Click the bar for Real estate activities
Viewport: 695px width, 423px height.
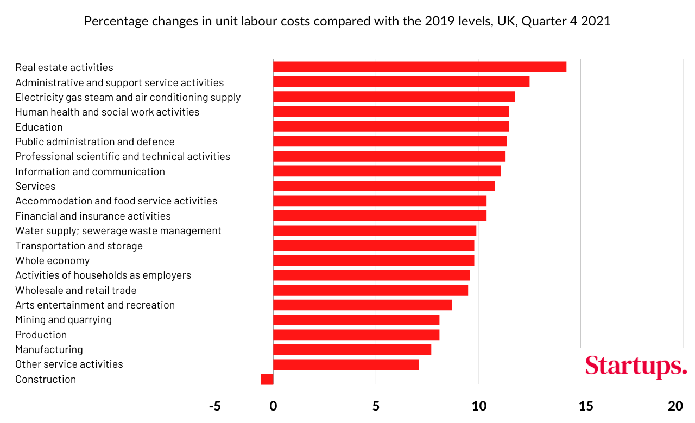tap(419, 67)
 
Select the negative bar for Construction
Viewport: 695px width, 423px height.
tap(267, 379)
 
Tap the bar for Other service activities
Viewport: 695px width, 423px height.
tap(346, 364)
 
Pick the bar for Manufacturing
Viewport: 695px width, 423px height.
tap(352, 349)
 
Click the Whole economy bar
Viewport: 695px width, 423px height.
tap(374, 260)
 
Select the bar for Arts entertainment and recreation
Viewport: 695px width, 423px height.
tap(362, 305)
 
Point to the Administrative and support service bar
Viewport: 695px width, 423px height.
tap(401, 82)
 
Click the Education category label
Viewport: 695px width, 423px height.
tap(39, 127)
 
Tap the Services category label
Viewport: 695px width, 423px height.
tap(35, 186)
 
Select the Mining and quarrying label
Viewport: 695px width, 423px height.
tap(64, 319)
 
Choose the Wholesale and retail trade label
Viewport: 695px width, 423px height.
tap(76, 290)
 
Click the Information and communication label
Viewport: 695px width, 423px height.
tap(90, 171)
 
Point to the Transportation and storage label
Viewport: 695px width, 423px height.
tap(79, 246)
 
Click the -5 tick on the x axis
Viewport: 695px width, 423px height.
tap(215, 406)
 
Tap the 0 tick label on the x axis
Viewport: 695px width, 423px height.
tap(274, 406)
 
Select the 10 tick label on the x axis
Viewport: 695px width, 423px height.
tap(478, 406)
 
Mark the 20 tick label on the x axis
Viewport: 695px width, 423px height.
tap(675, 406)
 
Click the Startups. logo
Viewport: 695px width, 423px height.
tap(636, 367)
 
